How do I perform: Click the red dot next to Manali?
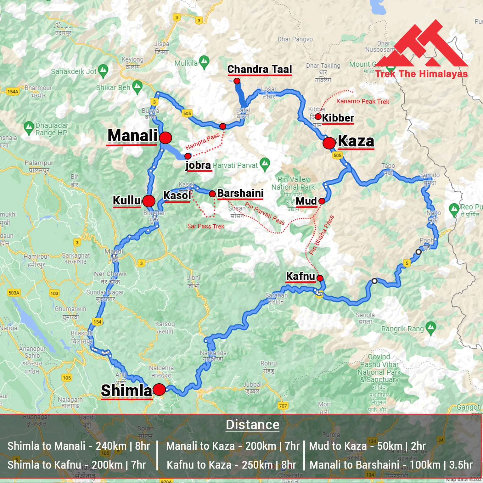[x=166, y=138]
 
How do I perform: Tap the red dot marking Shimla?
[x=159, y=390]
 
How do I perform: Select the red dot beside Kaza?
[x=329, y=143]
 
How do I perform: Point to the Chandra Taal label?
[x=260, y=69]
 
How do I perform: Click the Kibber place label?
[x=338, y=118]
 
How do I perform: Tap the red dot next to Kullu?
[x=149, y=201]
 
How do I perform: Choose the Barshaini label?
[x=240, y=193]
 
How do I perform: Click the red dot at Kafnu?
[x=320, y=278]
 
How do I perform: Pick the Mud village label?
[x=306, y=201]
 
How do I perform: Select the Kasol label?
[x=177, y=195]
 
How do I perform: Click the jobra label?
[x=198, y=165]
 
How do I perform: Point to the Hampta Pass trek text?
[x=202, y=142]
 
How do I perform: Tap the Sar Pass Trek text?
[x=206, y=226]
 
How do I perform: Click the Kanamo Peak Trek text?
[x=363, y=101]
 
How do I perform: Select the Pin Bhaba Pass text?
[x=321, y=235]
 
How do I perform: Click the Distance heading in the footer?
[x=253, y=425]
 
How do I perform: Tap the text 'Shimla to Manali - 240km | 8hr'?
[x=79, y=446]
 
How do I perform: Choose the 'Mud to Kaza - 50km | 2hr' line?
[x=367, y=446]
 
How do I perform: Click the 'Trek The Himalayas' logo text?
[x=421, y=74]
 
